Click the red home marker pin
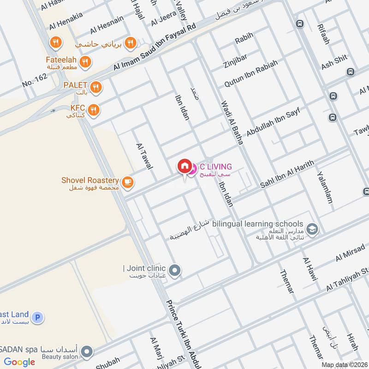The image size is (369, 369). click(184, 167)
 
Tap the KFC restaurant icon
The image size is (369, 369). click(94, 109)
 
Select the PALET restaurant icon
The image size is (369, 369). click(96, 87)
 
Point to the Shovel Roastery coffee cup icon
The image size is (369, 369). click(128, 183)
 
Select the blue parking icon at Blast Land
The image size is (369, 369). click(39, 317)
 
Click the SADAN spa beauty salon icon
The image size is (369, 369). click(86, 352)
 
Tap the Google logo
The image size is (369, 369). click(19, 362)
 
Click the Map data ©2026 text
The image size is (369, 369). click(344, 364)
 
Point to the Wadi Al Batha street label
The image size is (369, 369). click(232, 123)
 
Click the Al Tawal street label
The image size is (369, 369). click(144, 156)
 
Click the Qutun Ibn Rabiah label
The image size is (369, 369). click(251, 74)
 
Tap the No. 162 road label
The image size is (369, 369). click(35, 82)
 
